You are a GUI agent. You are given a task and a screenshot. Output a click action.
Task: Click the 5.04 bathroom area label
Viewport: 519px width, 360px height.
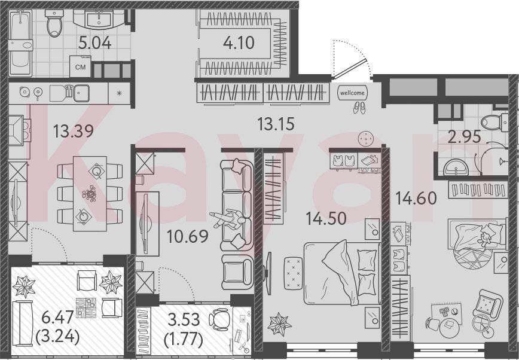coord(94,43)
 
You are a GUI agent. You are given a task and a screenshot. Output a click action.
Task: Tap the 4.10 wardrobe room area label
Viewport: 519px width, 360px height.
coord(239,42)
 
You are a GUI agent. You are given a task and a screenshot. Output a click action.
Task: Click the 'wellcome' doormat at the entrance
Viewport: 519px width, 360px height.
coord(352,93)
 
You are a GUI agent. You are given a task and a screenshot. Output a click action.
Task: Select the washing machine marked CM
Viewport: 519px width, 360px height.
coord(80,66)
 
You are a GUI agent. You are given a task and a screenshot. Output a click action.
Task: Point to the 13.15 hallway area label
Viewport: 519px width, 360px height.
coord(276,124)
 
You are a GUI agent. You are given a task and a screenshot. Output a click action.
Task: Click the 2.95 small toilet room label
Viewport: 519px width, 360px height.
coord(464,136)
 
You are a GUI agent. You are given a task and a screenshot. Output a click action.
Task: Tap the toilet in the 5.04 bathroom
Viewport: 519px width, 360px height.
coord(54,23)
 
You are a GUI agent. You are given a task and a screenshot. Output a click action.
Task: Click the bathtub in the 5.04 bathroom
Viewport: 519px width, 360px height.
coord(20,43)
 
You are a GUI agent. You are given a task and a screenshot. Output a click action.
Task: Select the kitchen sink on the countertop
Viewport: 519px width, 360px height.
coord(81,93)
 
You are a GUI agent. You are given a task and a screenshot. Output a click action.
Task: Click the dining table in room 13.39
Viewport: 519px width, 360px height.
coord(90,193)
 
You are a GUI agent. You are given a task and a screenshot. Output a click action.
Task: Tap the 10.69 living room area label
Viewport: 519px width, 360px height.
coord(187,236)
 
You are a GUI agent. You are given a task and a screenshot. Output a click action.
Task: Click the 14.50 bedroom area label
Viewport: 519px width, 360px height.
coord(326,219)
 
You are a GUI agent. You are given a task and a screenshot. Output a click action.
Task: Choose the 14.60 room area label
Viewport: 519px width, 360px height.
coord(416,199)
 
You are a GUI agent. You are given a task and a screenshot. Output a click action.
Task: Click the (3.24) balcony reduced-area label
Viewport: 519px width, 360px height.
coord(57,337)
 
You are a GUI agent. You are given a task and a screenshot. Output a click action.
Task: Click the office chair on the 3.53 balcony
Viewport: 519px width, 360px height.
coord(219,319)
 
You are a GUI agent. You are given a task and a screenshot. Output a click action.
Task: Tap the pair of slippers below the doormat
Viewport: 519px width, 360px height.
coord(359,108)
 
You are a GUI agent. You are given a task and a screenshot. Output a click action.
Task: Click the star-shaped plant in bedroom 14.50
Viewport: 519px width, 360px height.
coord(279,324)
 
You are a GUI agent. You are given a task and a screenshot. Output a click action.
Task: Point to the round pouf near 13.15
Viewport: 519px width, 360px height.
coord(366,138)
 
